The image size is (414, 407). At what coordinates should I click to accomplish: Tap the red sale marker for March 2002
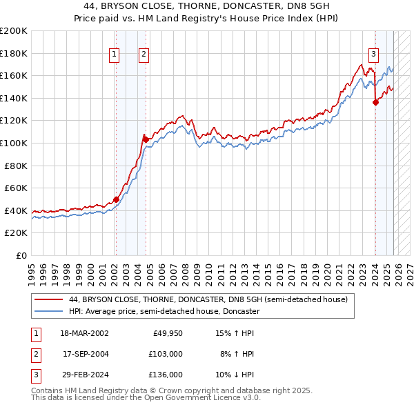tap(116, 199)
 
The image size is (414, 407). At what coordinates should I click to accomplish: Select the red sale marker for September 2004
tap(146, 139)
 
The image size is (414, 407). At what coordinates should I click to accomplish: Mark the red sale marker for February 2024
tap(375, 103)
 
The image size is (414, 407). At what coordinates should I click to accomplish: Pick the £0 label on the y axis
tap(21, 255)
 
